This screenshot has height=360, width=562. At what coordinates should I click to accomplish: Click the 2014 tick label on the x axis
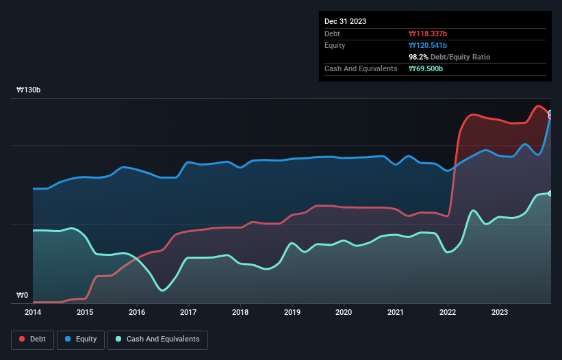(x=33, y=313)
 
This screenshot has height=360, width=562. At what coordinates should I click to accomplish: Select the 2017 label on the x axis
(x=188, y=313)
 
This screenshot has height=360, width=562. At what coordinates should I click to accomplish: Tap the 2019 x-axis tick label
(x=292, y=313)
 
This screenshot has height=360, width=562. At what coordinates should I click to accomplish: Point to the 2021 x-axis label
(x=396, y=313)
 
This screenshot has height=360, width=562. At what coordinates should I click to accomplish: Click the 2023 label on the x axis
(x=500, y=313)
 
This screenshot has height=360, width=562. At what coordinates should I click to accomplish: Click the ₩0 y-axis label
(x=22, y=296)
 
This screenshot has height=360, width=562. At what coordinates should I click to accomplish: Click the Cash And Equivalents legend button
(x=157, y=339)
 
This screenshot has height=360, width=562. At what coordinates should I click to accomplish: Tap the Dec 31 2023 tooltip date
(x=345, y=21)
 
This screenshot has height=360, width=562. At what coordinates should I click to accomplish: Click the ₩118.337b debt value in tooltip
(x=429, y=34)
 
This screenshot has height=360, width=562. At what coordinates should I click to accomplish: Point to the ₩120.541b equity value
(x=429, y=45)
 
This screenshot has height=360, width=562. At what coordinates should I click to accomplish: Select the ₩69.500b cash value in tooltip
(x=426, y=68)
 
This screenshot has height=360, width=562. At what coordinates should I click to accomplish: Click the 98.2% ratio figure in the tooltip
(x=419, y=57)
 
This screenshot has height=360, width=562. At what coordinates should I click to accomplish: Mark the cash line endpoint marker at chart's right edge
(x=550, y=194)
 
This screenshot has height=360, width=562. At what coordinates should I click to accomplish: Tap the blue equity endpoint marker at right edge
(x=550, y=114)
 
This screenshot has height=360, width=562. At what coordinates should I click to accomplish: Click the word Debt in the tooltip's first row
(x=333, y=34)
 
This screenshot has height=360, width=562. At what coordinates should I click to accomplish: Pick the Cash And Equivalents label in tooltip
(x=361, y=68)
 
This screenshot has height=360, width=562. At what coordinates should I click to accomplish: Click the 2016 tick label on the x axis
(x=137, y=313)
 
